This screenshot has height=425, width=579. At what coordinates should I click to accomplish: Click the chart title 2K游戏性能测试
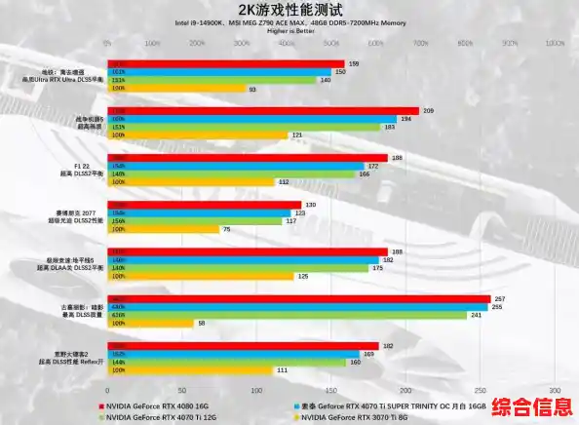[289, 9]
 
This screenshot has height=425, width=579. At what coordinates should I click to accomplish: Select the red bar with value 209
[262, 111]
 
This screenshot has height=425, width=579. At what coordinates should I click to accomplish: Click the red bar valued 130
[205, 205]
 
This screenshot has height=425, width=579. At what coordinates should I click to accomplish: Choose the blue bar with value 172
[233, 166]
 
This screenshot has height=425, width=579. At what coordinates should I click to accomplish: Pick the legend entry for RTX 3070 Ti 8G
[349, 416]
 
